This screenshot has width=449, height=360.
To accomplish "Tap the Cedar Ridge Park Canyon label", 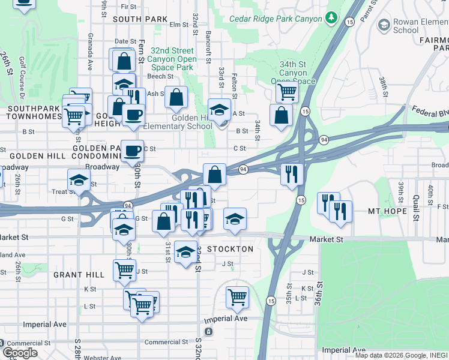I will pyautogui.click(x=276, y=19).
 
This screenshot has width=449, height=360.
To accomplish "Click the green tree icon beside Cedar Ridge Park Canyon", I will pyautogui.click(x=330, y=19).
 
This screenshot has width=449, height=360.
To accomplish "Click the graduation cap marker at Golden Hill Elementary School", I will pyautogui.click(x=220, y=109).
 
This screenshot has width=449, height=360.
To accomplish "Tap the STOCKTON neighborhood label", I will pyautogui.click(x=230, y=248).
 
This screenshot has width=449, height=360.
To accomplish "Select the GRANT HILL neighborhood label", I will pyautogui.click(x=79, y=275).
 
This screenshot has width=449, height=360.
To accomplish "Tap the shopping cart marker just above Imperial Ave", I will pyautogui.click(x=238, y=297).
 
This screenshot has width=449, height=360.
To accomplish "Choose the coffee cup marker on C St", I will pyautogui.click(x=132, y=151).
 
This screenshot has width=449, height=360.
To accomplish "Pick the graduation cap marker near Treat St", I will pyautogui.click(x=79, y=180).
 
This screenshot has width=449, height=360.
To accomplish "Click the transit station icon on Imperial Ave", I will pyautogui.click(x=208, y=331).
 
